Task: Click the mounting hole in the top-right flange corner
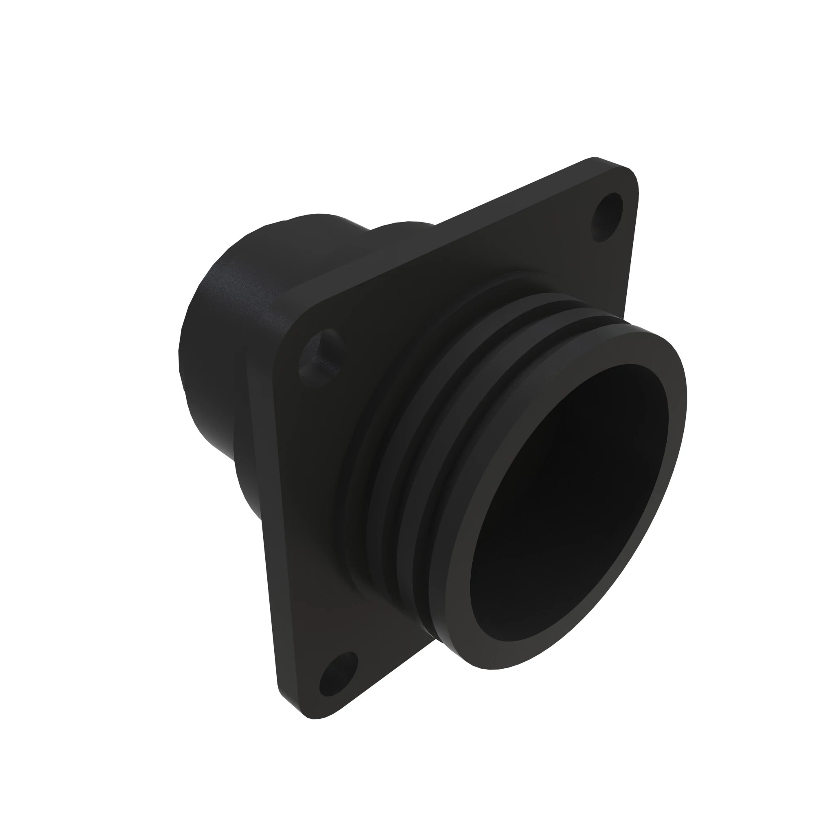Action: click(x=608, y=216)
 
